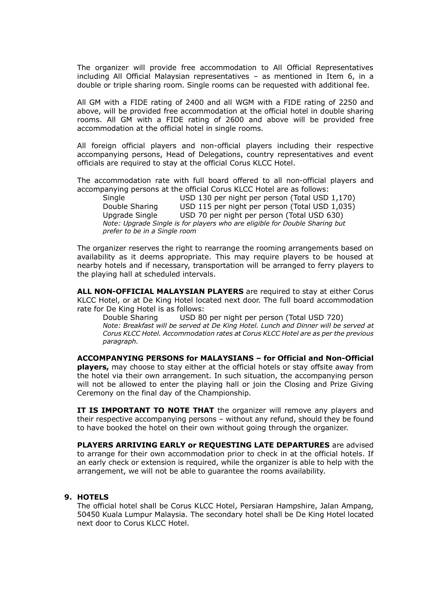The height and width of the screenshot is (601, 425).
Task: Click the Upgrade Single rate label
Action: pos(130,215)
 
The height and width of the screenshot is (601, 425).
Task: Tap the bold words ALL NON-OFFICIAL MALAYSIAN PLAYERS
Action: pos(160,291)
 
